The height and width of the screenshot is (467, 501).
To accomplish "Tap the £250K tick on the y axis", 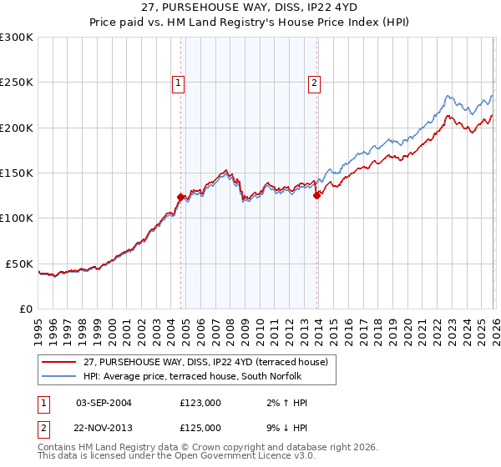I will pos(17,83).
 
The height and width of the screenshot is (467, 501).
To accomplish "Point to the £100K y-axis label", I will pos(17,218).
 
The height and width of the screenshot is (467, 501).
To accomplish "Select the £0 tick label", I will pos(25,309).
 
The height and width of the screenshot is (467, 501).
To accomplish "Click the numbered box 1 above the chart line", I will pos(179,83).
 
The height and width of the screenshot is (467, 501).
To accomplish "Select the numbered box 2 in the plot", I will pos(315,83).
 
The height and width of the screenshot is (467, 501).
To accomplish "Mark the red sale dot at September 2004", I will pos(180,198).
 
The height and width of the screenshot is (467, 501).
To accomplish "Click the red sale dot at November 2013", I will pos(317,196).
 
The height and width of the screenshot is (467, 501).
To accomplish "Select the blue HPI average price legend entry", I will pos(208,376).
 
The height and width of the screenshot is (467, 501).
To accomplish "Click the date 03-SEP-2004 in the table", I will pos(104,403).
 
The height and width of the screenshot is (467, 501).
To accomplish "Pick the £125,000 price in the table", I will pos(200,428).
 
